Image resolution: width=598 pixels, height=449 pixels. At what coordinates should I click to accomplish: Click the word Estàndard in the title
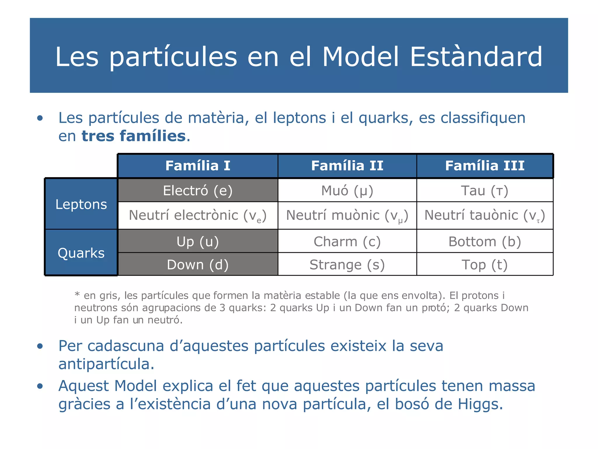[x=476, y=57]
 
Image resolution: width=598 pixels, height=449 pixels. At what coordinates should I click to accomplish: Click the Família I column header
[x=198, y=166]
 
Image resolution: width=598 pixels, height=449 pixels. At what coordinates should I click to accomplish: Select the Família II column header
[x=347, y=166]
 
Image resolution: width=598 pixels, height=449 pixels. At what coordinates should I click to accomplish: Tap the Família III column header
[x=485, y=166]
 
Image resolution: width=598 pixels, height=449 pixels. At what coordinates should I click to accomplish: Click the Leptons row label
[x=81, y=204]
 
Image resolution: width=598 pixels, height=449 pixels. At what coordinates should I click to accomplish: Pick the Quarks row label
[x=81, y=253]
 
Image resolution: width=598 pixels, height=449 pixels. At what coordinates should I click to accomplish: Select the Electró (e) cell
[x=198, y=191]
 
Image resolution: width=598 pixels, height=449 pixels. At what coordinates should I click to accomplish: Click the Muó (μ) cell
[x=347, y=191]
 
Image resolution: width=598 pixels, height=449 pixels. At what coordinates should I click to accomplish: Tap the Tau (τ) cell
[x=485, y=191]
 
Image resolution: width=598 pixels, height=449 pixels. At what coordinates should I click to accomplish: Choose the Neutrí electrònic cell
[x=198, y=215]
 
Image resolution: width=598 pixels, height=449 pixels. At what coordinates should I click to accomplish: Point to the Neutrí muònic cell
[x=347, y=215]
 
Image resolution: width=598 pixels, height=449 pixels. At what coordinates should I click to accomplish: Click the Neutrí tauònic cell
[x=485, y=215]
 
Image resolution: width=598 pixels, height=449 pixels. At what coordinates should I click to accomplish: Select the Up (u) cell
[x=198, y=241]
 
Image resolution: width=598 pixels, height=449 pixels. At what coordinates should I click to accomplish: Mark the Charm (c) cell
[x=347, y=241]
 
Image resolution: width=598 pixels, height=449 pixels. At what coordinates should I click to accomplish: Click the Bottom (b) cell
[x=485, y=241]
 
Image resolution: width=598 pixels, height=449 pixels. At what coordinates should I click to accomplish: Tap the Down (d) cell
[x=198, y=265]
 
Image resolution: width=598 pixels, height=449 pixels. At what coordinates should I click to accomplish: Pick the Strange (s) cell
[x=347, y=265]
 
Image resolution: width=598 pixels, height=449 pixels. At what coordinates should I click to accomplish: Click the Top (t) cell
[x=485, y=265]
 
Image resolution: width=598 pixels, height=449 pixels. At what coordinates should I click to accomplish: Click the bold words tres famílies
[x=134, y=136]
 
